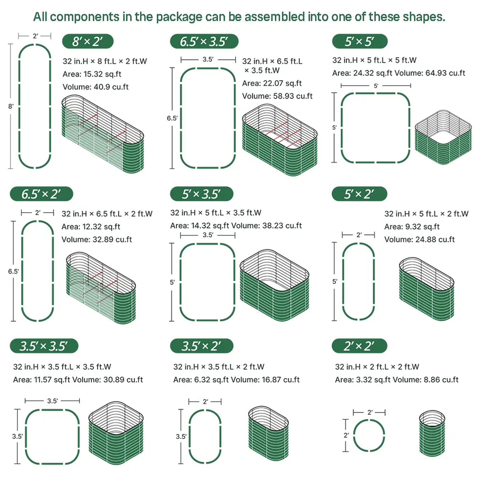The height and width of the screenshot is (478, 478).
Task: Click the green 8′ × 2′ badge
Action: point(88,41)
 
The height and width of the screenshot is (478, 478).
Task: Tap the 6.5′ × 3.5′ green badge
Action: point(204,41)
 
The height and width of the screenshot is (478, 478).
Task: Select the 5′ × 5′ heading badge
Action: point(360,41)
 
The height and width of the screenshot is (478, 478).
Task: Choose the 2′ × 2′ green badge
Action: point(359,346)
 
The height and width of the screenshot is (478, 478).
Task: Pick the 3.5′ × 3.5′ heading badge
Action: point(44,346)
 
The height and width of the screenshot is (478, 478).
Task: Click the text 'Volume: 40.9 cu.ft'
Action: point(96,87)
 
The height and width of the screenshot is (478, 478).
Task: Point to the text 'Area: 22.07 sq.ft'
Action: point(272,83)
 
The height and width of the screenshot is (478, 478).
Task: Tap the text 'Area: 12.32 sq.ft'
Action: point(91,227)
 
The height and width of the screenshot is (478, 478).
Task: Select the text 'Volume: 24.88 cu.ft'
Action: point(420,239)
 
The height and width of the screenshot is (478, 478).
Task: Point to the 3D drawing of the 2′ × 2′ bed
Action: point(432,433)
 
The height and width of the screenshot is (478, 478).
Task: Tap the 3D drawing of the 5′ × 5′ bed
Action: point(443,137)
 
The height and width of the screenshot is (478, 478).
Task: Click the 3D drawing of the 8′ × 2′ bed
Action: point(103,134)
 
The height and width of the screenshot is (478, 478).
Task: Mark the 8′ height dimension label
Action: point(11,107)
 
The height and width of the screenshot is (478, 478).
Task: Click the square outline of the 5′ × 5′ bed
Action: point(341,128)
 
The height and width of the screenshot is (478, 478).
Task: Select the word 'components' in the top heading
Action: point(85,17)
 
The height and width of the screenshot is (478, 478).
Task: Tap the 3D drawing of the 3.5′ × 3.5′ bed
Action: point(116,433)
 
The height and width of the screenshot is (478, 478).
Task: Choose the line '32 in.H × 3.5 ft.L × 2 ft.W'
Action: point(218,367)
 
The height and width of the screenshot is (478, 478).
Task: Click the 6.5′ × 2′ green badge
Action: point(42,194)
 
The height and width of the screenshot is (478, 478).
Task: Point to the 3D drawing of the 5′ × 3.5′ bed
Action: point(274,285)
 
